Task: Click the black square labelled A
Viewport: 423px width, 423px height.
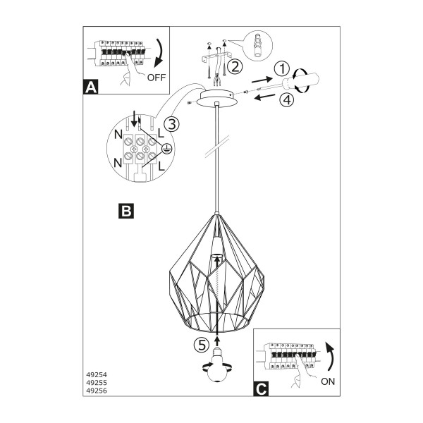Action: click(91, 87)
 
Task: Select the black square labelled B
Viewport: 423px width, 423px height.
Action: click(126, 211)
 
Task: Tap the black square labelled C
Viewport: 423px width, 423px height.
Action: click(261, 388)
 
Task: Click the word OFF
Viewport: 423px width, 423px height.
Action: click(157, 78)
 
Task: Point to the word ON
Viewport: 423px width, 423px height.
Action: click(328, 381)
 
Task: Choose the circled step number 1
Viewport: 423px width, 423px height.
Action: click(281, 68)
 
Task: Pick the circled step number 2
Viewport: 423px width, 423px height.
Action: click(235, 66)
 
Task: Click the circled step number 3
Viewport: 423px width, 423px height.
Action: click(171, 124)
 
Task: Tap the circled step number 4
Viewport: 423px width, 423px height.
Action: click(286, 99)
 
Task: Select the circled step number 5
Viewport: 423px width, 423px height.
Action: click(202, 345)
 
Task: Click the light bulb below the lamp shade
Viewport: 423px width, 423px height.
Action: click(216, 364)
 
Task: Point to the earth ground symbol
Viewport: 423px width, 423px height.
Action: click(166, 149)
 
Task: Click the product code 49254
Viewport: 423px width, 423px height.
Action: click(97, 375)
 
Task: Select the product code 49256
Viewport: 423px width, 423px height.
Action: click(97, 391)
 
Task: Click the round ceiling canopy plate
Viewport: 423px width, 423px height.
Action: click(217, 98)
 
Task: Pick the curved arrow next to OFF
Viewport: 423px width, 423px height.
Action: click(160, 54)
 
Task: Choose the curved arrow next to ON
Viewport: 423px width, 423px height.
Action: click(331, 357)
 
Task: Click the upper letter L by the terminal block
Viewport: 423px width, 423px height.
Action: click(161, 133)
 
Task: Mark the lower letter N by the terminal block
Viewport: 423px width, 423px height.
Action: click(118, 163)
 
